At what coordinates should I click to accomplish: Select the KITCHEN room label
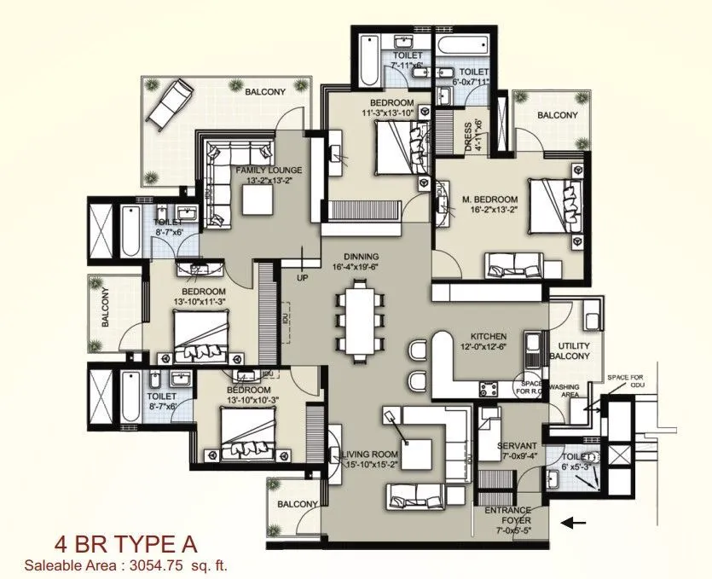[x=482, y=337]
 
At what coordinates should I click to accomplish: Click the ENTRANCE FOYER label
[x=508, y=516]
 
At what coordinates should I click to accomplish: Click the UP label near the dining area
[x=301, y=277]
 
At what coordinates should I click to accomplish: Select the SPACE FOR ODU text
[x=629, y=381]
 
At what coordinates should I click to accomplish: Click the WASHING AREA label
[x=564, y=391]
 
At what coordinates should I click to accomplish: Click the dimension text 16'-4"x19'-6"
[x=362, y=267]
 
